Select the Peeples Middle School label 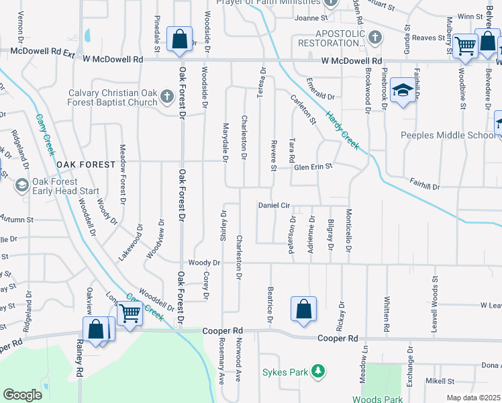click(x=447, y=135)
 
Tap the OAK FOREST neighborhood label click(x=83, y=165)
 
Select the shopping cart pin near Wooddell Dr click(x=129, y=312)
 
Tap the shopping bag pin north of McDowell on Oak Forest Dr click(x=180, y=40)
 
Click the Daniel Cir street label click(x=274, y=205)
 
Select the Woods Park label click(x=378, y=399)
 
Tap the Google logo click(x=22, y=395)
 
